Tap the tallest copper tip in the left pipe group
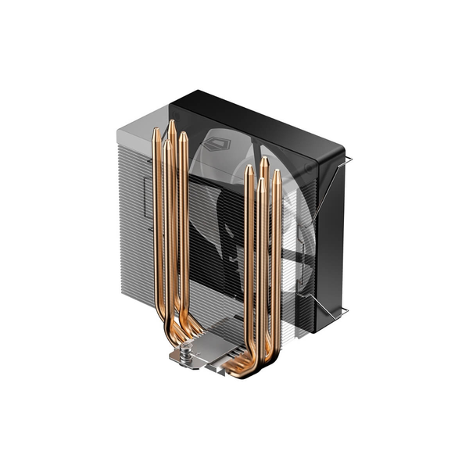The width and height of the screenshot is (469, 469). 172,125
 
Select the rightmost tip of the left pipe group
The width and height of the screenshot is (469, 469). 183,137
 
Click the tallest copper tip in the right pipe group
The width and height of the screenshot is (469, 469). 265,162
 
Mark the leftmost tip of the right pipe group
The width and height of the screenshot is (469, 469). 249,170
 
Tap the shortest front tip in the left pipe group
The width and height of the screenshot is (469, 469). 166,145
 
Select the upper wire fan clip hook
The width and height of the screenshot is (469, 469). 347,160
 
